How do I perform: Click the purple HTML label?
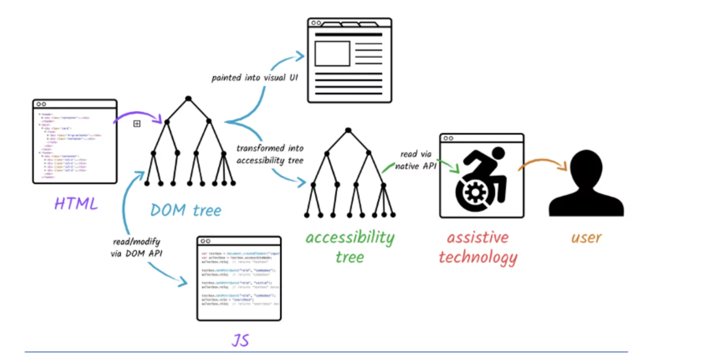[76, 204]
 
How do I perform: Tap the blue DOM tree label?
[186, 210]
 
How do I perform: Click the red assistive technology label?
[478, 247]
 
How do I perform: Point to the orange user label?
[586, 237]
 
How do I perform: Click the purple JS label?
[240, 340]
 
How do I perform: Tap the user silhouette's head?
[586, 166]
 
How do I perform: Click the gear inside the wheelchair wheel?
[475, 193]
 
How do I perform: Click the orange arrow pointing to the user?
[543, 162]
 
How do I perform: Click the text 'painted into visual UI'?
[255, 78]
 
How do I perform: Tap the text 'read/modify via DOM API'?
[136, 248]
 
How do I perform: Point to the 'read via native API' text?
[416, 160]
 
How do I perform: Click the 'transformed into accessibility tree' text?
[270, 154]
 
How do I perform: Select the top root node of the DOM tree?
[188, 99]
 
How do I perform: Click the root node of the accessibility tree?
[348, 130]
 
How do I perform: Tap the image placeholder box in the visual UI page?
[332, 54]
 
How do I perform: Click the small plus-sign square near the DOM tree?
[137, 124]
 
